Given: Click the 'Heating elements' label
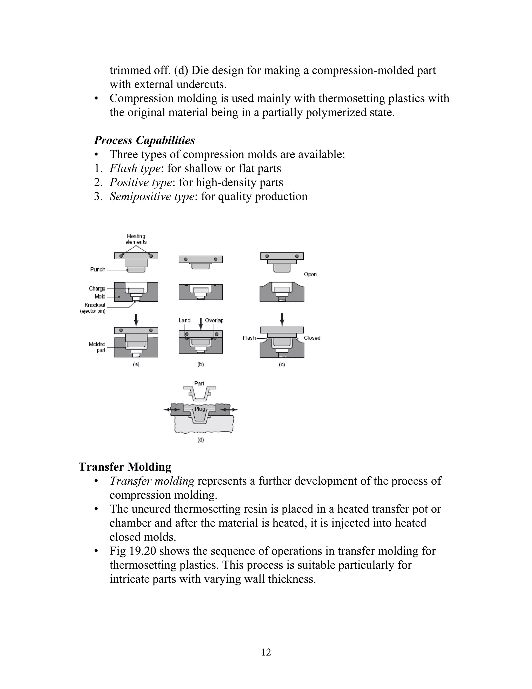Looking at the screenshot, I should [x=136, y=239].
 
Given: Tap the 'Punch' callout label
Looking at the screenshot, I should [x=98, y=269].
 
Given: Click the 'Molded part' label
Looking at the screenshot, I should [x=97, y=347].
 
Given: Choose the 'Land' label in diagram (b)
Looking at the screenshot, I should [x=185, y=320].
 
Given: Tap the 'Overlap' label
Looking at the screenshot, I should [x=214, y=320].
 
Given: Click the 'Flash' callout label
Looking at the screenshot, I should [x=249, y=338].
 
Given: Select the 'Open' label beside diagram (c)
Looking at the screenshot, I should [x=310, y=274].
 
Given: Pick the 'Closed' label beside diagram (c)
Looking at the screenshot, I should [x=312, y=338].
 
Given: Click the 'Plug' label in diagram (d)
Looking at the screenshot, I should [x=200, y=409].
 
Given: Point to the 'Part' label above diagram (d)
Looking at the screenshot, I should [x=199, y=383].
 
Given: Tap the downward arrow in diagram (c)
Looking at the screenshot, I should [x=282, y=319].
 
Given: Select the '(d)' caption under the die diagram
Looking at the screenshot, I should [x=201, y=440].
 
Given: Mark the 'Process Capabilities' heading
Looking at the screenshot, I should [x=145, y=140].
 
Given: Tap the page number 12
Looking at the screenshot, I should [x=266, y=652].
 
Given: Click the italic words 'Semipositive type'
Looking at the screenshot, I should [x=152, y=196].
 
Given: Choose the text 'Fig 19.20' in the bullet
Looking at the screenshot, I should [x=133, y=551].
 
